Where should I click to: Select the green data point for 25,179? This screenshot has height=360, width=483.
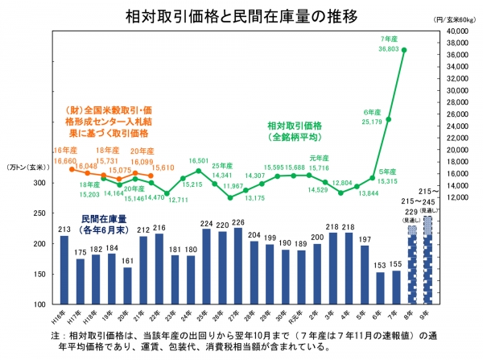click(388, 119)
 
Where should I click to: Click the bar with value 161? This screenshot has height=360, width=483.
click(127, 286)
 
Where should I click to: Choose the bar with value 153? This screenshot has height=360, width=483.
click(379, 288)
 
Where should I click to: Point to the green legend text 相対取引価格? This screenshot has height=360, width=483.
click(295, 126)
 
